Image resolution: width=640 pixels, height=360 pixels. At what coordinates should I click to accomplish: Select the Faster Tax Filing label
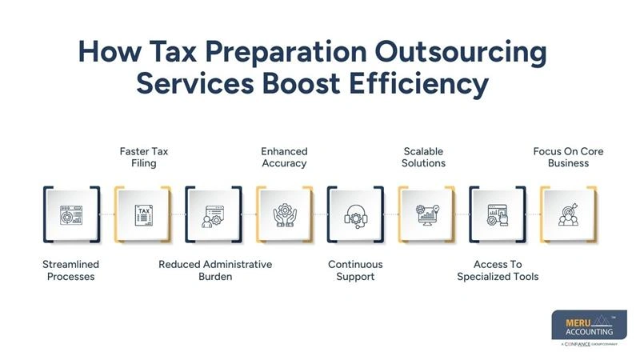click(x=143, y=157)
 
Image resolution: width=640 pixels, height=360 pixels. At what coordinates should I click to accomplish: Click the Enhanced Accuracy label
click(x=284, y=157)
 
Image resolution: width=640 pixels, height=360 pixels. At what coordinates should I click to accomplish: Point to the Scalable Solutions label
click(x=423, y=157)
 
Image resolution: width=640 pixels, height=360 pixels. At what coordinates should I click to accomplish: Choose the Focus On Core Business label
click(x=568, y=157)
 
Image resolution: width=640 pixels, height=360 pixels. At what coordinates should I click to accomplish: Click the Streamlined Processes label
click(x=70, y=270)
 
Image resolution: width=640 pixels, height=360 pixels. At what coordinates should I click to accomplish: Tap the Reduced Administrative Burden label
click(x=215, y=270)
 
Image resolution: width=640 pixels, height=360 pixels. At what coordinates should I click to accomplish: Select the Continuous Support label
click(x=355, y=270)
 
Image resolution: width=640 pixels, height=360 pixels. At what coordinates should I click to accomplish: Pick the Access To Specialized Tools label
click(x=498, y=270)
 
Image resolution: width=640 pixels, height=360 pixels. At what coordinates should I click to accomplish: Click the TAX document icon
click(x=143, y=214)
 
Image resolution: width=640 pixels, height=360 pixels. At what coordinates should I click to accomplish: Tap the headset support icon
click(x=355, y=214)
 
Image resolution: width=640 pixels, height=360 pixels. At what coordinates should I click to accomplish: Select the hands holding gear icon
click(x=284, y=214)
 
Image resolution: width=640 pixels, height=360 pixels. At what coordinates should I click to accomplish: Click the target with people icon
click(x=568, y=214)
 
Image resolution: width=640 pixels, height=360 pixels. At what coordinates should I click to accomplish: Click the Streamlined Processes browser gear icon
click(x=70, y=214)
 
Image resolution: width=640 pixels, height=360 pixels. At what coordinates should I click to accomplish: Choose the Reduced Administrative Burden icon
click(x=214, y=214)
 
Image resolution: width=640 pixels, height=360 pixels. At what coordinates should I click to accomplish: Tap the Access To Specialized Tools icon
click(x=498, y=214)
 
